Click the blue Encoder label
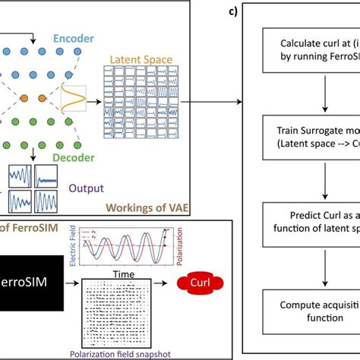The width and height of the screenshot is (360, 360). (74, 36)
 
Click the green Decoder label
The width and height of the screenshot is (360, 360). (74, 158)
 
